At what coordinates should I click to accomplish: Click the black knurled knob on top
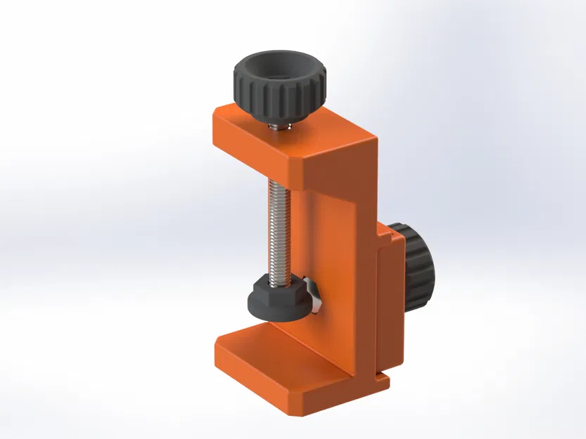[x=278, y=95]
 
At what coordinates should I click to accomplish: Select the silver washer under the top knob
[x=279, y=126]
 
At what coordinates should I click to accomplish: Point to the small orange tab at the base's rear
[x=383, y=381]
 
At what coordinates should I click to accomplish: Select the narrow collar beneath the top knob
[x=279, y=122]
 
